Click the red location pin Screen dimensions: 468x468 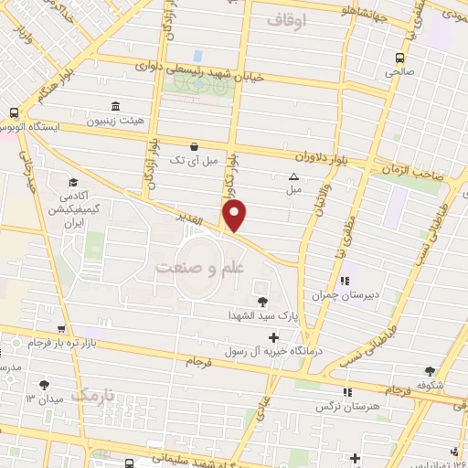point(235,216)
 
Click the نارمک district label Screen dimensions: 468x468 point(94,394)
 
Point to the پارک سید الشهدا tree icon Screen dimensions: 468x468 point(263,302)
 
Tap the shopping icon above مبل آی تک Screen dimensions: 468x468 point(193,146)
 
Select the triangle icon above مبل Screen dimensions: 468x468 point(293,176)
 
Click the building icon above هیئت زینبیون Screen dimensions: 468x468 point(114,105)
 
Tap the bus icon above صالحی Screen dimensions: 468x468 point(399,55)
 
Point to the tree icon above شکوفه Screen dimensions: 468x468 point(430,370)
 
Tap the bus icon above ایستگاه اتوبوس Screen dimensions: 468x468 point(13,111)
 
